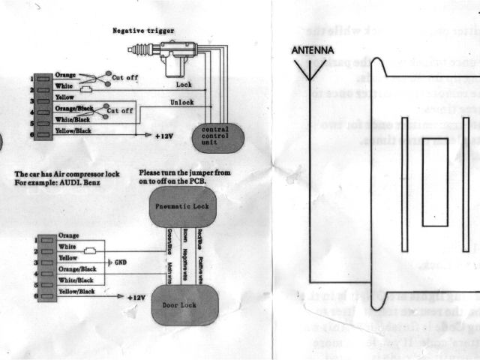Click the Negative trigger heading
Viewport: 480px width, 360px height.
(142, 31)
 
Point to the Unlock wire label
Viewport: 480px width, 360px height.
(182, 102)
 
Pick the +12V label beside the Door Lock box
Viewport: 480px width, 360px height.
(135, 297)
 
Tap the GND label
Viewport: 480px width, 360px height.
(118, 262)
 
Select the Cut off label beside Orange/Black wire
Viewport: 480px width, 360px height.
(120, 111)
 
